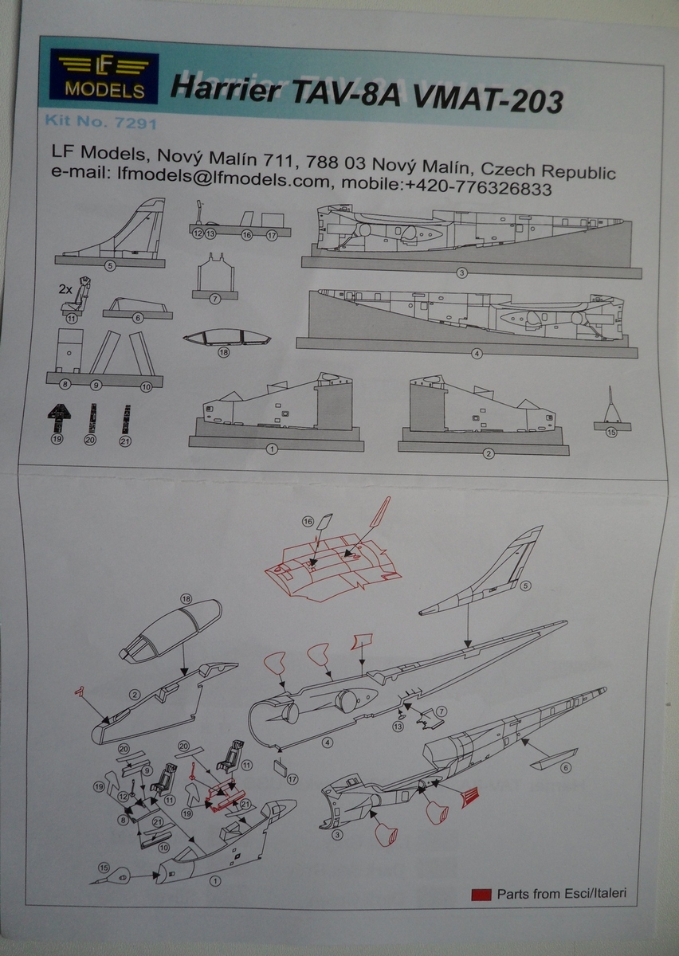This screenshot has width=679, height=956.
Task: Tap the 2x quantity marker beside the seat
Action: click(x=65, y=290)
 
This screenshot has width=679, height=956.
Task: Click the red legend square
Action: click(x=481, y=893)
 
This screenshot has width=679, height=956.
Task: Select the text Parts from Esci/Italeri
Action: click(x=562, y=893)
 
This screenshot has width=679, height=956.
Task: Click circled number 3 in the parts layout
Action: click(x=461, y=273)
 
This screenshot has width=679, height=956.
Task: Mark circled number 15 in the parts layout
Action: click(x=611, y=433)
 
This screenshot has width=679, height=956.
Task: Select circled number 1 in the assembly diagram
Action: click(x=214, y=881)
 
